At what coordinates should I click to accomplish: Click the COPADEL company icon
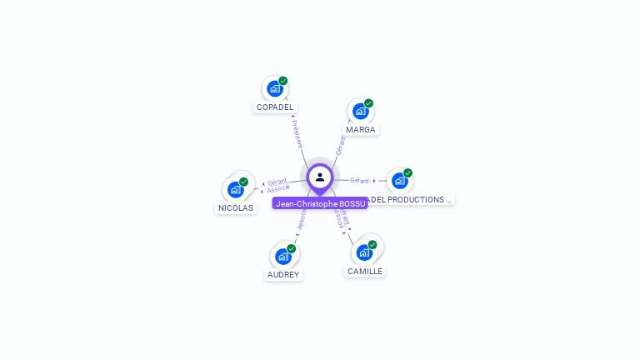274,88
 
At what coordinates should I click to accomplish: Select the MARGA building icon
360,111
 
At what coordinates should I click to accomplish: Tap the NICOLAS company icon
235,189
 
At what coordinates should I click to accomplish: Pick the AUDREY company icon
282,256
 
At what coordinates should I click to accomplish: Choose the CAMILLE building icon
364,252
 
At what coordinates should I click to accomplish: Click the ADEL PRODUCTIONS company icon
399,181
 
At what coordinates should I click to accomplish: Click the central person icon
320,177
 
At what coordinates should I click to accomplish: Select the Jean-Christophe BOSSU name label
320,203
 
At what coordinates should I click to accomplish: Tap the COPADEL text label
275,107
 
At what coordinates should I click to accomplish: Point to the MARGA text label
361,130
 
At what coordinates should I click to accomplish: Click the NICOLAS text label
236,208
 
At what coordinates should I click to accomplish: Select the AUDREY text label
283,275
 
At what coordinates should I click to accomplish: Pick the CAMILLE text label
365,272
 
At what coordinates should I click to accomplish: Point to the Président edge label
297,133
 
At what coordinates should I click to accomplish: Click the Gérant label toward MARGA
340,146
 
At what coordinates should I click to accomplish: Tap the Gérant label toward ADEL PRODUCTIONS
359,181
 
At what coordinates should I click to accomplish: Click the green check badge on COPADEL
283,81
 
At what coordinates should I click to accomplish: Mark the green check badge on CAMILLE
372,245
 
